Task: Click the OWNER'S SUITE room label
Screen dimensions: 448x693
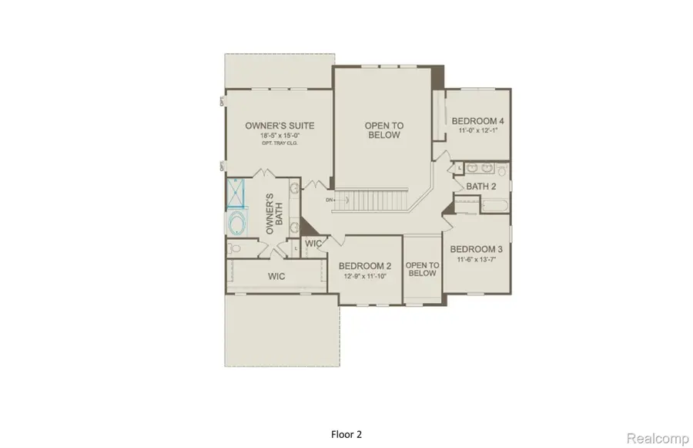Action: [279, 126]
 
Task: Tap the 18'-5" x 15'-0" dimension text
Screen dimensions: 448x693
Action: [279, 136]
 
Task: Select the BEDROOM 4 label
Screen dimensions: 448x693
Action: [477, 121]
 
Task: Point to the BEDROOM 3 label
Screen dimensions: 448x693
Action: [477, 249]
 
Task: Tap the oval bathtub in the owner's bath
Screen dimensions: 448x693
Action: [236, 224]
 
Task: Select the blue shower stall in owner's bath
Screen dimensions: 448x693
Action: [236, 194]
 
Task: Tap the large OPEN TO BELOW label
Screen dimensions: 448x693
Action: [383, 130]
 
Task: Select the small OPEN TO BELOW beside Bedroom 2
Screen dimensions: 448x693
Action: [421, 269]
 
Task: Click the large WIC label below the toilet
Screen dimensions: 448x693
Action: [277, 275]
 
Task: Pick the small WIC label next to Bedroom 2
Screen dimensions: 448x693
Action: [313, 244]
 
